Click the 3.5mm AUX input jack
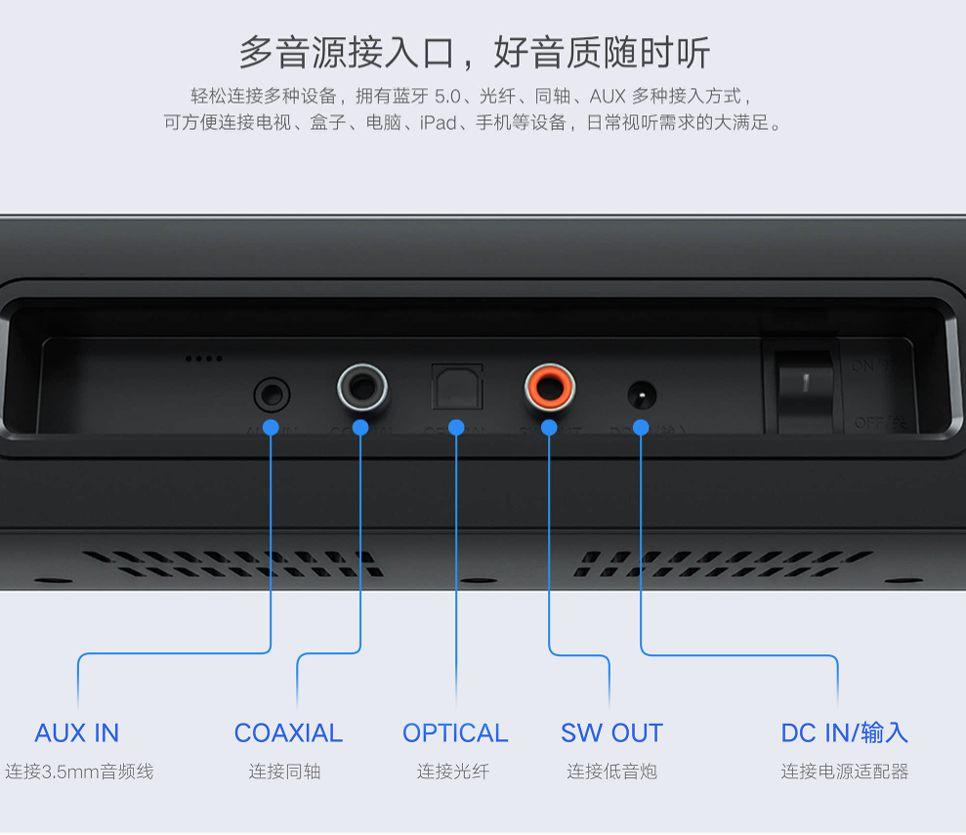point(272,396)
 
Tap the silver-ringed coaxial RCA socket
point(362,389)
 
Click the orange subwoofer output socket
point(549,388)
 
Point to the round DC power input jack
point(641,397)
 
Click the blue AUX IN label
point(77,732)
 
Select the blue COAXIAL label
point(288,732)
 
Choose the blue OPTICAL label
point(455,732)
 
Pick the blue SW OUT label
point(611,732)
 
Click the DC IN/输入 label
point(845,732)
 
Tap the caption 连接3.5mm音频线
point(79,772)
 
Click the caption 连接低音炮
point(611,772)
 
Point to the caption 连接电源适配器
point(845,772)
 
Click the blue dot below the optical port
point(456,428)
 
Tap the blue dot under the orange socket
point(549,428)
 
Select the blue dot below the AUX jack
point(272,428)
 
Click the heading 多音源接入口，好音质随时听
point(475,53)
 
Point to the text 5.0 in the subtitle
point(446,97)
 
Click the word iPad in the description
point(439,123)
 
